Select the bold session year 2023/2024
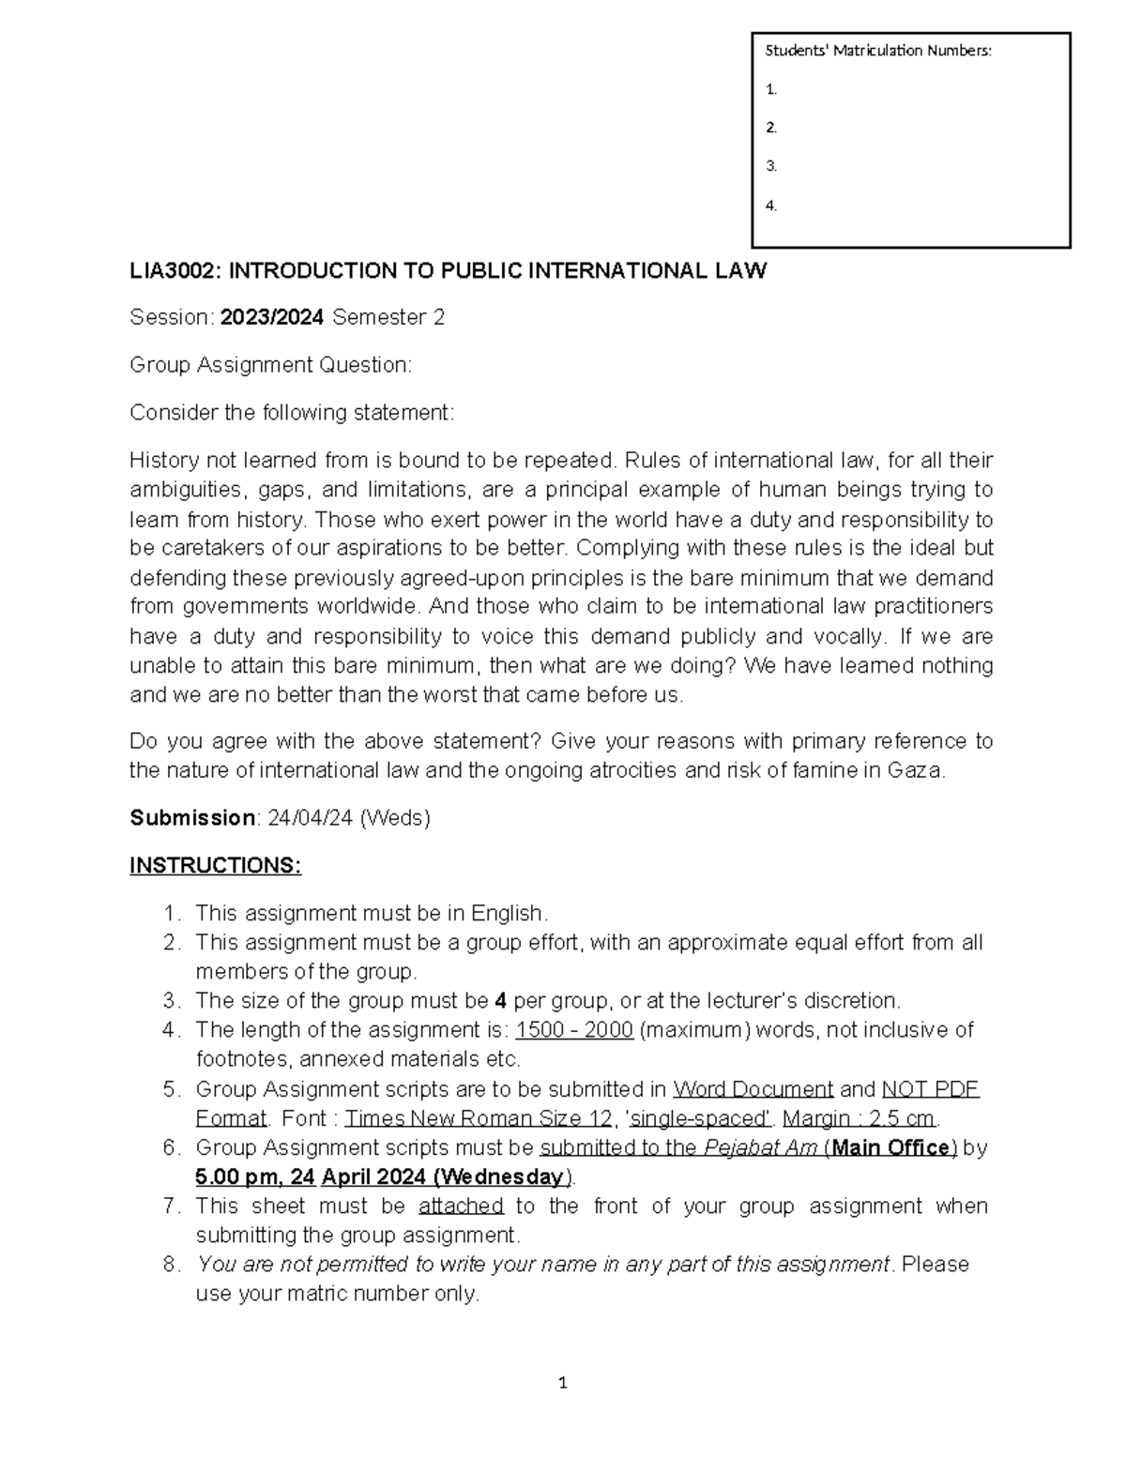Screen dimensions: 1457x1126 [x=272, y=318]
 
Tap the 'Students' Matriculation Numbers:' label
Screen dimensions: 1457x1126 [x=877, y=51]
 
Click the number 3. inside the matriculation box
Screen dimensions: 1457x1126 [x=771, y=166]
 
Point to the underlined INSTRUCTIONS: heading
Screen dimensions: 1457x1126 [x=215, y=865]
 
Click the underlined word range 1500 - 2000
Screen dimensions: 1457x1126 [x=574, y=1030]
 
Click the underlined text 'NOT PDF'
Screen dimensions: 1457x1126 [x=931, y=1089]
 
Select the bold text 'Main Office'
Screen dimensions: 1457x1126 [x=891, y=1147]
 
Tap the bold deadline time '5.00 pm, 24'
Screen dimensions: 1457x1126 [x=254, y=1176]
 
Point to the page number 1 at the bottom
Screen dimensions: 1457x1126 [x=562, y=1383]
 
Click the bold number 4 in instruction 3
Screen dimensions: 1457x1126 [x=501, y=1000]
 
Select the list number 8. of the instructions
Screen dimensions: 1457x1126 [x=171, y=1265]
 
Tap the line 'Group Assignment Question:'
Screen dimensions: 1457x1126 [x=270, y=365]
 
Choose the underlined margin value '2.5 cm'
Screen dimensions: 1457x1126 [x=902, y=1118]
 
